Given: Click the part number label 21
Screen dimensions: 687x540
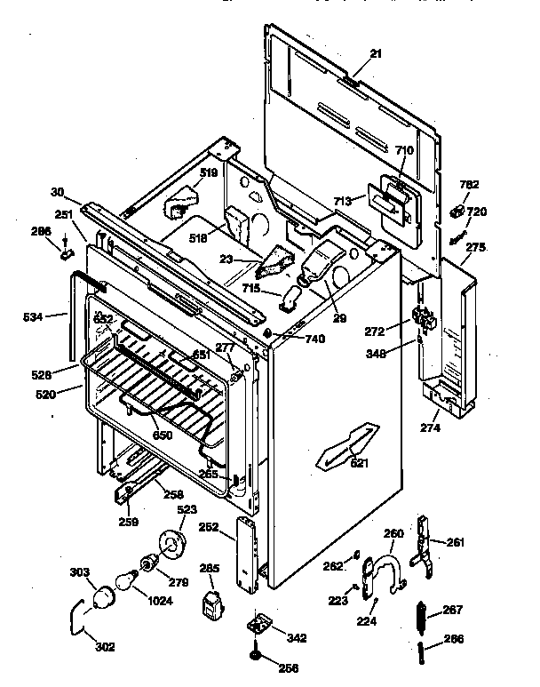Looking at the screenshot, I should click(375, 54).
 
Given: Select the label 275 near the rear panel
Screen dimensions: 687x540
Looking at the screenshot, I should click(475, 247).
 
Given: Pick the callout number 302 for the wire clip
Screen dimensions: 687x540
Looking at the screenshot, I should click(105, 646).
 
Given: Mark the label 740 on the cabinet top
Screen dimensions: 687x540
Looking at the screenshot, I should click(314, 339).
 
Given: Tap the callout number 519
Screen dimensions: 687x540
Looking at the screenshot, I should click(208, 173).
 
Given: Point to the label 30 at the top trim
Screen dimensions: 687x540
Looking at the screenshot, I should click(58, 192).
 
